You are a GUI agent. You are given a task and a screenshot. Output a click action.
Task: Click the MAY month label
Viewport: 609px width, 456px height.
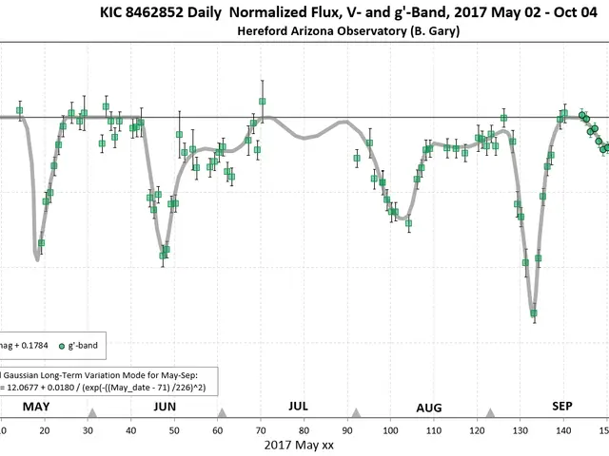tap(36, 407)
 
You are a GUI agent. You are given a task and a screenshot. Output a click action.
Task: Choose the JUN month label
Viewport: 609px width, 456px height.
tap(165, 407)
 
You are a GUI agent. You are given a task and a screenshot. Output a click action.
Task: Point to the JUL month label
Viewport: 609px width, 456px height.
tap(298, 406)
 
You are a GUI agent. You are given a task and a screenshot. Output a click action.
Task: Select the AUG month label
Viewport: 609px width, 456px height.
tap(429, 408)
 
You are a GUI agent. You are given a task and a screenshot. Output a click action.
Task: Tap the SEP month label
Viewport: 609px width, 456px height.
tap(562, 406)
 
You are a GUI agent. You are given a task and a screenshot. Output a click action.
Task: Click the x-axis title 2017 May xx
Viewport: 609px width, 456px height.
tap(299, 445)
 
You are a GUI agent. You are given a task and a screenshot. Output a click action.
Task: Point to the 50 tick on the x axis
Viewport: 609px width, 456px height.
tap(174, 429)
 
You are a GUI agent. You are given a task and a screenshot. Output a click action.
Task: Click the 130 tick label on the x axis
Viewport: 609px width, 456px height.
tap(520, 429)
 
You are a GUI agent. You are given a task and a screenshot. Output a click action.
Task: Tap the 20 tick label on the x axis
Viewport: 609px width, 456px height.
tap(45, 429)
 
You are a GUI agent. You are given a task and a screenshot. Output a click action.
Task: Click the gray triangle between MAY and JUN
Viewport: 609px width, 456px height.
tap(92, 413)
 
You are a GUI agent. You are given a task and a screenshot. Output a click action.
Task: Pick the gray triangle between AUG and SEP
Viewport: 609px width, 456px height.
tap(490, 413)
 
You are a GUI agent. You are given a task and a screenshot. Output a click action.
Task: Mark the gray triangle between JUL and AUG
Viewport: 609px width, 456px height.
tap(356, 413)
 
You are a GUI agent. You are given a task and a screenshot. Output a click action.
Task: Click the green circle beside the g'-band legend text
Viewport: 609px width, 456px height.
tap(63, 345)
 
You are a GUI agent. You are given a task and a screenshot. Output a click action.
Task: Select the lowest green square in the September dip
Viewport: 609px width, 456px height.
tap(535, 313)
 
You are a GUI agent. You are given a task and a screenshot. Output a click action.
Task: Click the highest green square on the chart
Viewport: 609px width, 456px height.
tap(263, 101)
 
